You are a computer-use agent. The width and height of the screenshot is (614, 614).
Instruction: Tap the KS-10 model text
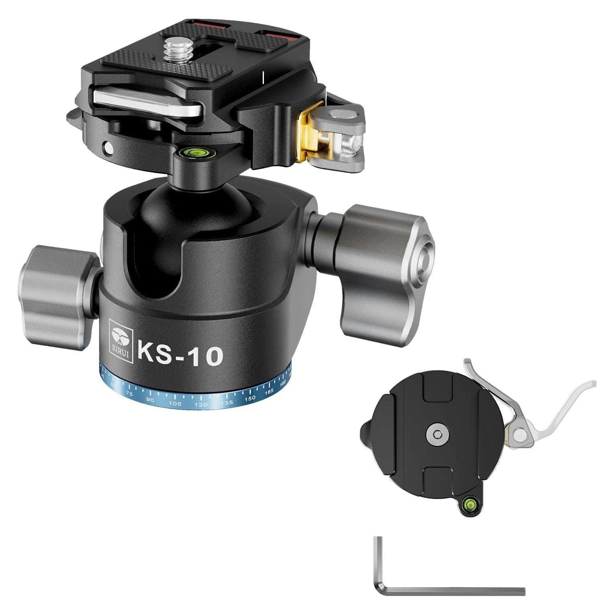click(x=180, y=353)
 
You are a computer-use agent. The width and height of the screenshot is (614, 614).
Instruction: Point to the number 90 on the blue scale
click(x=150, y=399)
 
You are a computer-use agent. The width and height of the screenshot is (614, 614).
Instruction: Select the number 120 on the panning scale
click(x=201, y=405)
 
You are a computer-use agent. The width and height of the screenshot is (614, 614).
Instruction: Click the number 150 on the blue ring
click(x=250, y=398)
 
